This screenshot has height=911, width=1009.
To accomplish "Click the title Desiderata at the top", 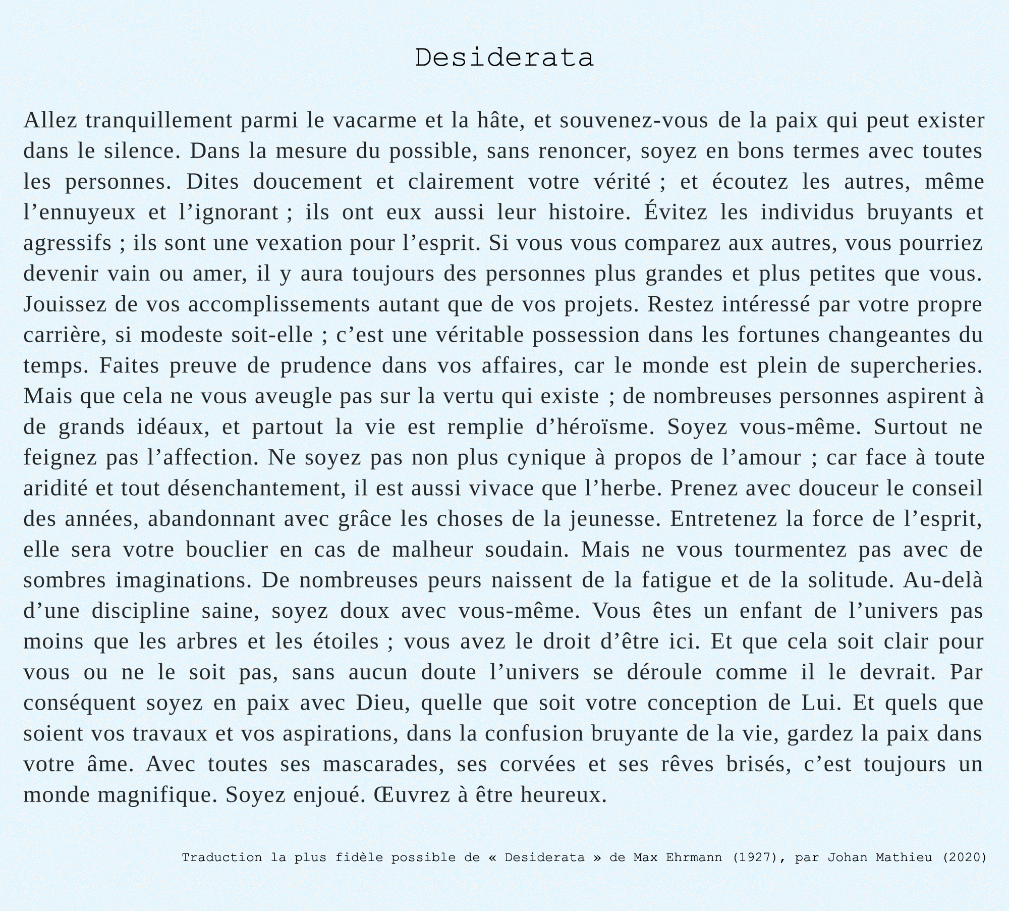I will (504, 58).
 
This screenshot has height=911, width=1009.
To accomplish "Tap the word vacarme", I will (375, 121).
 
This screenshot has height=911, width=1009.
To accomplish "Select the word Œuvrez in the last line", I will (412, 795).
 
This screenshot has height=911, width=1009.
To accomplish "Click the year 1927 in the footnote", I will (755, 858).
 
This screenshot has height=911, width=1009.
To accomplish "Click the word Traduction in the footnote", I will (222, 858).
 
